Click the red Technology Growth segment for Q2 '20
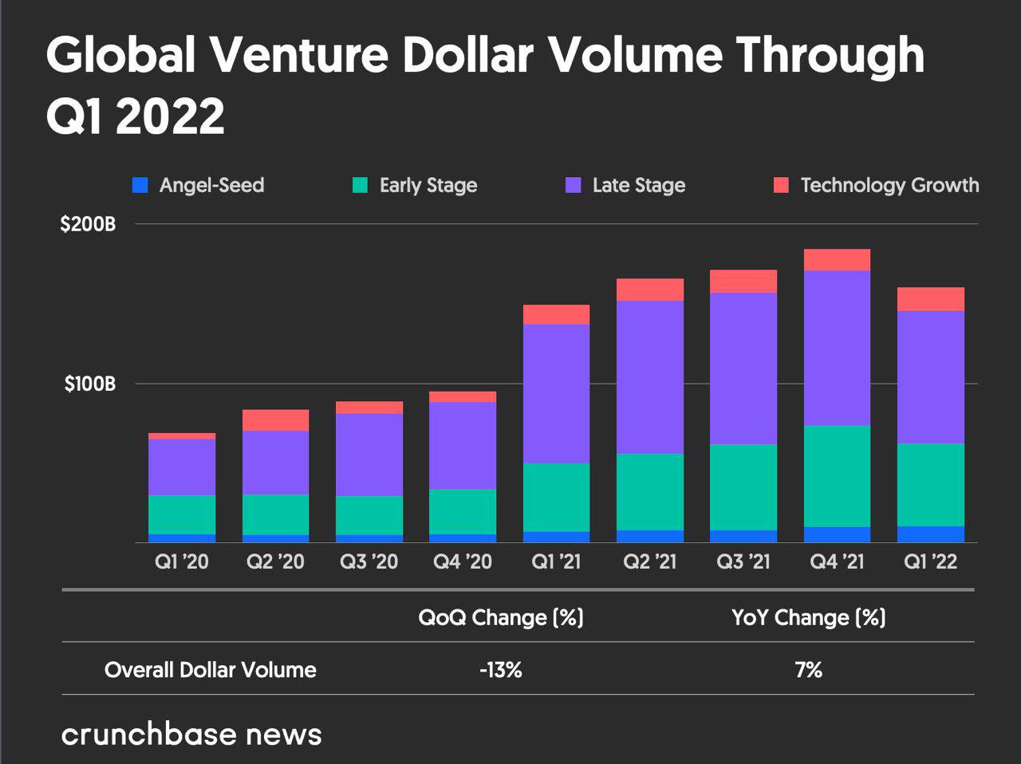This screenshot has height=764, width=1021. [275, 420]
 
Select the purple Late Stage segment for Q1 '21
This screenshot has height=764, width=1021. [556, 393]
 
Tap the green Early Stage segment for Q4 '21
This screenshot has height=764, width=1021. [837, 476]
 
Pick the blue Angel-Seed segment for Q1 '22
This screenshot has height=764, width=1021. [930, 534]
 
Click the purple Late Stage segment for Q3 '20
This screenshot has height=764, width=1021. [369, 455]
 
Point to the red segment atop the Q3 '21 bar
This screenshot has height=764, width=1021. [743, 281]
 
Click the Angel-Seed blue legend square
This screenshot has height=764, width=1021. [140, 186]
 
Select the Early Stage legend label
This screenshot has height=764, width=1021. [428, 186]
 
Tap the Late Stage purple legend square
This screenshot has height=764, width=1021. [574, 186]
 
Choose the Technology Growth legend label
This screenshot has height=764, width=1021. [889, 186]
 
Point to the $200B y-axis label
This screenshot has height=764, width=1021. [88, 224]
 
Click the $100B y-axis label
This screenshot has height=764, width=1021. [90, 384]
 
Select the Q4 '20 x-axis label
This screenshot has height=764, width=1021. [463, 562]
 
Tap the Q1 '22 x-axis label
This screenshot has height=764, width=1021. [930, 562]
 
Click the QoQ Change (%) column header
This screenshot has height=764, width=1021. [501, 617]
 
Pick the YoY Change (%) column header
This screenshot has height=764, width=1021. [809, 617]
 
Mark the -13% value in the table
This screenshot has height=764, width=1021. [501, 670]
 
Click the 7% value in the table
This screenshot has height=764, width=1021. [809, 670]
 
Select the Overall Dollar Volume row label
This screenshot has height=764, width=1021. [211, 670]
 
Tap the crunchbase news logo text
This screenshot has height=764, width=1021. [191, 734]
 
